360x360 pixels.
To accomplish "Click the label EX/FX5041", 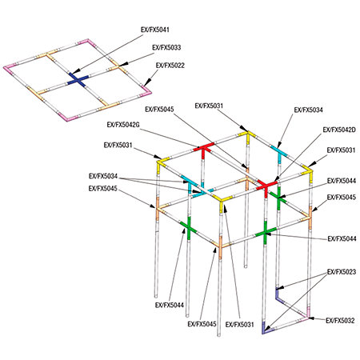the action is click(x=155, y=30).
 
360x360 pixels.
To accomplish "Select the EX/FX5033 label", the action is click(x=166, y=47).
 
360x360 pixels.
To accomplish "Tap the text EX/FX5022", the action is click(x=170, y=66).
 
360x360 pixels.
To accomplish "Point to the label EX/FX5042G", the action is click(x=123, y=125).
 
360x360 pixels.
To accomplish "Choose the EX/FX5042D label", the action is click(x=339, y=130).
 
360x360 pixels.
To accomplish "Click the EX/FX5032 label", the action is click(x=340, y=321).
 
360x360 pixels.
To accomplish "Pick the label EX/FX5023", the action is click(x=342, y=272).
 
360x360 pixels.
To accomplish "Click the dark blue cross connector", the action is click(x=78, y=80).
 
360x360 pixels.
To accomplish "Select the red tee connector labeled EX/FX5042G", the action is click(x=204, y=150).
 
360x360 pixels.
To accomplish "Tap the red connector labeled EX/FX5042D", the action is click(x=266, y=186).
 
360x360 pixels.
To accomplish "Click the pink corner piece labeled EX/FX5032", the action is click(x=307, y=314).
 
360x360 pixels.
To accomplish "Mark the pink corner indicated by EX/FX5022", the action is click(x=146, y=90).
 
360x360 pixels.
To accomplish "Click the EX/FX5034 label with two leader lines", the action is click(x=103, y=176).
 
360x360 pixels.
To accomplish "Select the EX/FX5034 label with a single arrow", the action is click(x=308, y=110).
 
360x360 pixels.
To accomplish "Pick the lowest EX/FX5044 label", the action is click(x=170, y=305).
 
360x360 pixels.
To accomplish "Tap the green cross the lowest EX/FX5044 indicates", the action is click(x=189, y=228).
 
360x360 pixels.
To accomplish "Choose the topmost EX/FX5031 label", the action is click(x=209, y=106).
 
